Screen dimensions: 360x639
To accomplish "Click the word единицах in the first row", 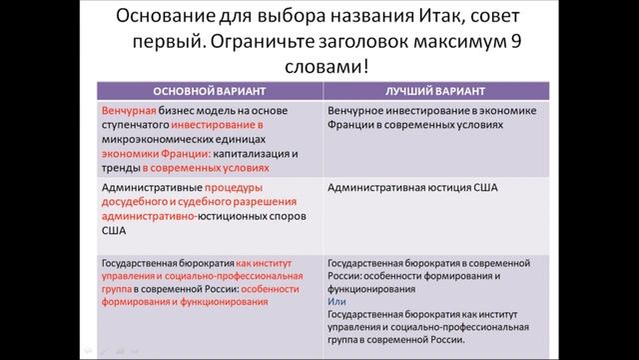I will [x=243, y=142].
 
